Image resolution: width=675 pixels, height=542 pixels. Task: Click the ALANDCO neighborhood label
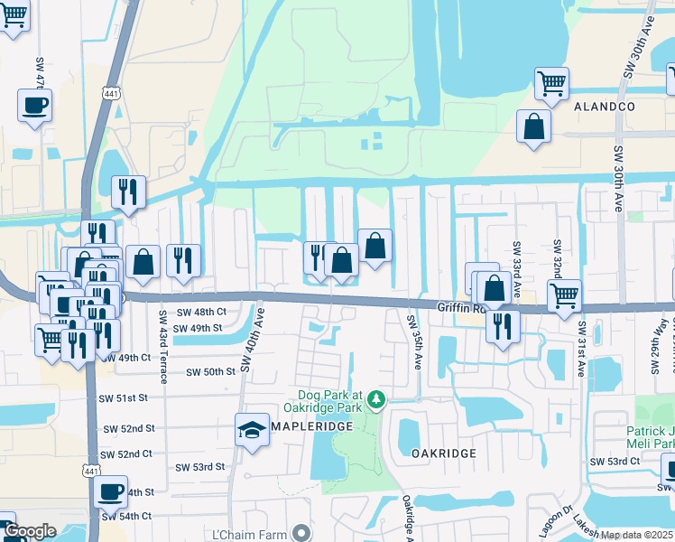[605, 107]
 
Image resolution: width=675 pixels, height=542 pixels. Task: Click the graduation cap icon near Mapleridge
[252, 431]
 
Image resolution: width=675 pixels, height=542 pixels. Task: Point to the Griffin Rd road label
[462, 308]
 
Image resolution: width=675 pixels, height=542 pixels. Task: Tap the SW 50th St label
[210, 372]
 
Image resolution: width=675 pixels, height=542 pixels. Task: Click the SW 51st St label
[124, 397]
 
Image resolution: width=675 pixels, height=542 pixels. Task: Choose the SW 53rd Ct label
[615, 462]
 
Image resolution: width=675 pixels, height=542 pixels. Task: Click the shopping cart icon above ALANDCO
[551, 84]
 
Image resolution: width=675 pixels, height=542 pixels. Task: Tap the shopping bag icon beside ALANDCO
[533, 126]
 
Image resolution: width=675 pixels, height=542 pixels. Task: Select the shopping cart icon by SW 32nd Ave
[564, 294]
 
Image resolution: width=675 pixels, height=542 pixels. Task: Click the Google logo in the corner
[30, 531]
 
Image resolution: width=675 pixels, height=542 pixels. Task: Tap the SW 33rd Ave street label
[517, 269]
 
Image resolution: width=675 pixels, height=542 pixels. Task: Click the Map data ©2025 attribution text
[637, 535]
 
